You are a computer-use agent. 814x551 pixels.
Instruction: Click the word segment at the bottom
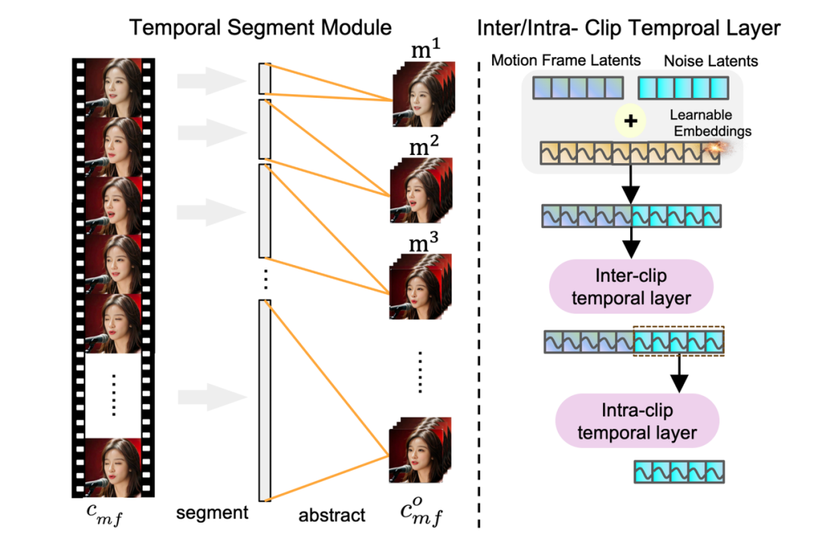pos(212,513)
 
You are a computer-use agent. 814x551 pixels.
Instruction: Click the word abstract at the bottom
pos(332,515)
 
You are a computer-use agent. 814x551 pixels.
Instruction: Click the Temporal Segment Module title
pos(260,29)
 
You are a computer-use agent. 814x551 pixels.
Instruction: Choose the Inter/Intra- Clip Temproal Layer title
pos(629,29)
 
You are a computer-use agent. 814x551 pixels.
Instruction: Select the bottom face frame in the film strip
pos(113,467)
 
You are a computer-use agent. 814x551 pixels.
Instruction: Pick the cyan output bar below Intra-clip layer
pos(679,472)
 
